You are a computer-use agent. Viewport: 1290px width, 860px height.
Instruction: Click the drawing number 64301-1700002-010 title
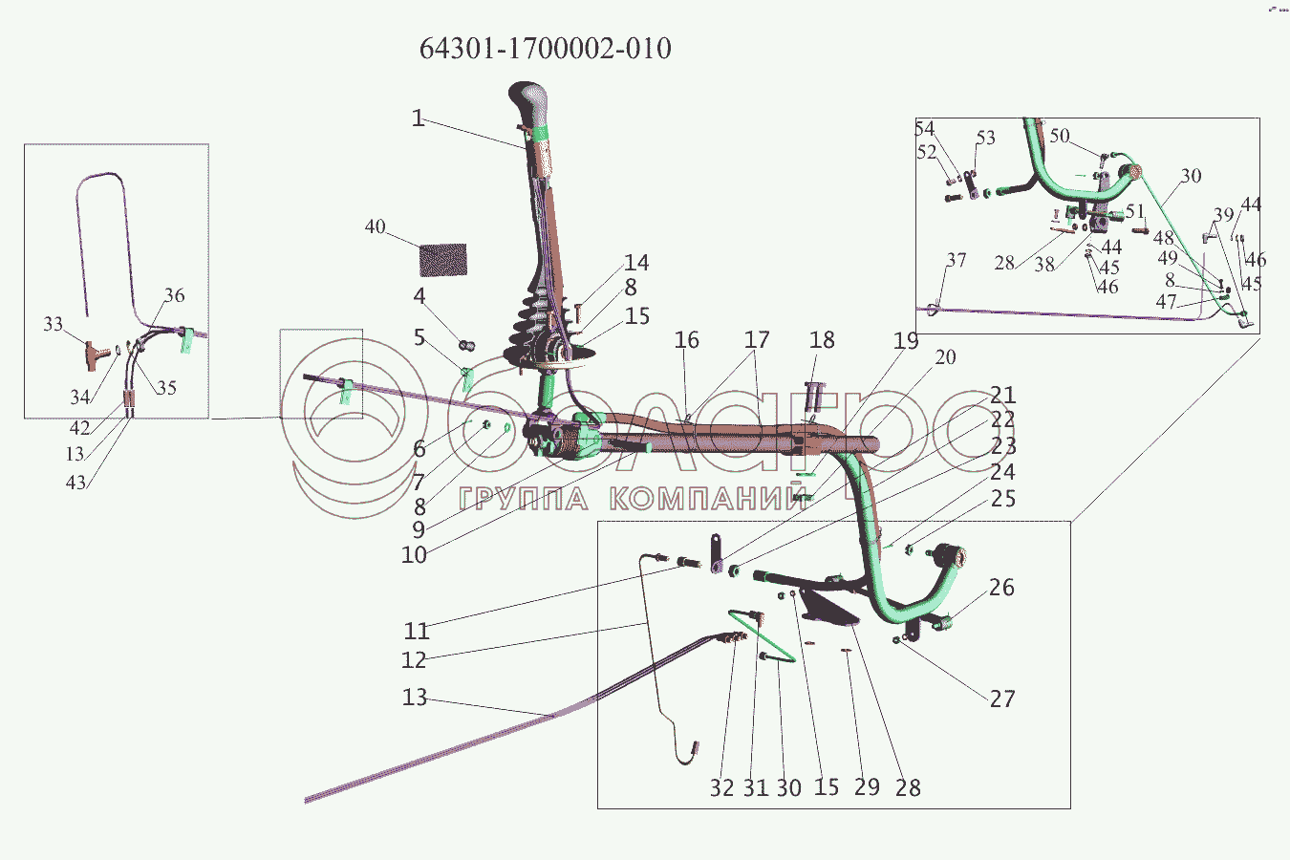[545, 48]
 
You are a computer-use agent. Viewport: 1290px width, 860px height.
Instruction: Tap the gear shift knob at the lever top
[529, 102]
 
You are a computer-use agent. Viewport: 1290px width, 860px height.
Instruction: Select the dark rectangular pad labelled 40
[443, 260]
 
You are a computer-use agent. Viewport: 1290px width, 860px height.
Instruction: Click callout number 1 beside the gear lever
[418, 118]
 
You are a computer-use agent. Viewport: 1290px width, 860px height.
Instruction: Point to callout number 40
[375, 226]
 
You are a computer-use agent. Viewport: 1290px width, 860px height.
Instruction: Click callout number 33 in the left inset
[53, 325]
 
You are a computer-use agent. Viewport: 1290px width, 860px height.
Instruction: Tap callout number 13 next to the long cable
[414, 698]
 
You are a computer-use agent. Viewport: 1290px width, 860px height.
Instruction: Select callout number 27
[1001, 699]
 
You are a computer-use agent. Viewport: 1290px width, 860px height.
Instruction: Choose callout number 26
[1000, 588]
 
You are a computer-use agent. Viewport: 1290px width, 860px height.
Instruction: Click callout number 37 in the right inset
[957, 260]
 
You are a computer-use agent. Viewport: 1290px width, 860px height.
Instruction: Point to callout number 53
[985, 139]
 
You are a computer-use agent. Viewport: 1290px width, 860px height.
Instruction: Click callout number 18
[822, 340]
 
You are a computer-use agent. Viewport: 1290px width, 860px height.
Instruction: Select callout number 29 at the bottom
[867, 787]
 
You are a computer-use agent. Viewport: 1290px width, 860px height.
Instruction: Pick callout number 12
[414, 660]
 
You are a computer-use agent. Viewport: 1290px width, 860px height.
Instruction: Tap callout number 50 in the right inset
[1059, 136]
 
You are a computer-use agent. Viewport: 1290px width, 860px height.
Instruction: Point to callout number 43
[75, 483]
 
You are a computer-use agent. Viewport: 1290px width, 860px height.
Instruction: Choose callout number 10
[414, 555]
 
